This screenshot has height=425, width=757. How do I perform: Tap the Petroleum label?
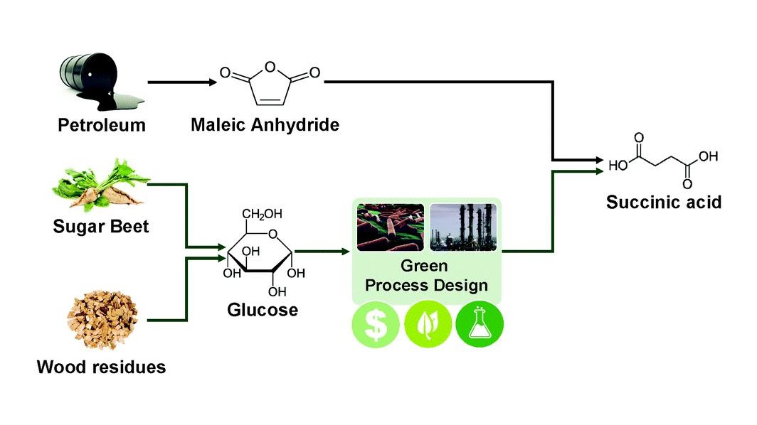tap(102, 127)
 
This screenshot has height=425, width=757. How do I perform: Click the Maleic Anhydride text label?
tap(265, 126)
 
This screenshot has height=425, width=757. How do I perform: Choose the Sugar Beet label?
tap(100, 227)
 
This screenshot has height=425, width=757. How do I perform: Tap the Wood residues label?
tap(101, 367)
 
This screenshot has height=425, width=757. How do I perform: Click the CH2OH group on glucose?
tap(261, 212)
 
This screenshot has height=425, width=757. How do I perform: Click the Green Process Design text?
tap(428, 276)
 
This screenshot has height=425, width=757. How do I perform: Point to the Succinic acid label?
tap(664, 202)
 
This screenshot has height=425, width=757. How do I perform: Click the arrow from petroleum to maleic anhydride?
tap(182, 82)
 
